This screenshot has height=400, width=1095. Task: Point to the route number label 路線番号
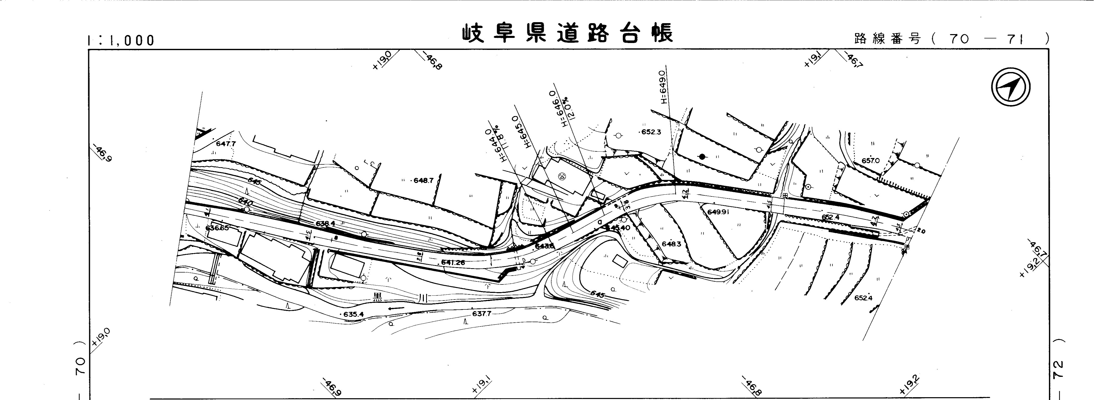[x=887, y=39]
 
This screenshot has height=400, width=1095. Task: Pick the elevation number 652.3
[x=651, y=132]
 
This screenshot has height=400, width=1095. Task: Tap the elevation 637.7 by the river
[x=482, y=314]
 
